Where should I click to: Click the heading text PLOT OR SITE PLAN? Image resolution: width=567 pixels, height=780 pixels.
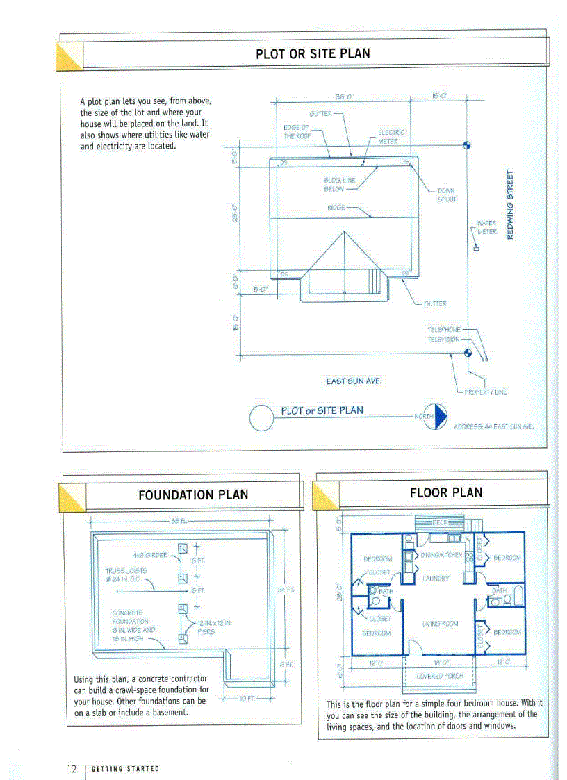click(x=313, y=53)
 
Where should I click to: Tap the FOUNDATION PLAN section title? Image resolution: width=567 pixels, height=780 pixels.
click(x=192, y=495)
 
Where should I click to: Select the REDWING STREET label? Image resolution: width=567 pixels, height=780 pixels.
click(x=510, y=205)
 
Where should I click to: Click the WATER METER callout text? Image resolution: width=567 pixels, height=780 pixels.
click(x=486, y=227)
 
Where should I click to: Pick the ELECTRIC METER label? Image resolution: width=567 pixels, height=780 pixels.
click(x=391, y=136)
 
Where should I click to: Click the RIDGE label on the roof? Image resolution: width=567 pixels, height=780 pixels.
click(x=336, y=207)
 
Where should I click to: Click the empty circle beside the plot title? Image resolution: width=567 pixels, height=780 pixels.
click(x=262, y=417)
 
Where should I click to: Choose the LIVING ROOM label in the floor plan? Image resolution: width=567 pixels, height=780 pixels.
click(x=440, y=624)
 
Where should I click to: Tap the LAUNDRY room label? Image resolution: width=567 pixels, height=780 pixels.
click(x=436, y=578)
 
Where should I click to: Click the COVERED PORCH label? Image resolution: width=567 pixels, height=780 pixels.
click(x=439, y=675)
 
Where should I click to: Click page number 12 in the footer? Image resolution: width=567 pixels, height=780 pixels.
click(x=72, y=769)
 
